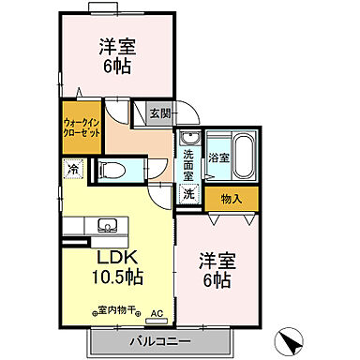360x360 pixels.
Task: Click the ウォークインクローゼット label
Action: (81, 127)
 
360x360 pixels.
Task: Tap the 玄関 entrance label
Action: (160, 114)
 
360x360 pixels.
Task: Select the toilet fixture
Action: (112, 171)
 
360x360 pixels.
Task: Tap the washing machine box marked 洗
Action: (188, 194)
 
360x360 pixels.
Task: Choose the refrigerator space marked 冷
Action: (73, 170)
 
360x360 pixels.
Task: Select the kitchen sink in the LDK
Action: (105, 226)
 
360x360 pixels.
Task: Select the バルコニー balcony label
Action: (160, 341)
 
